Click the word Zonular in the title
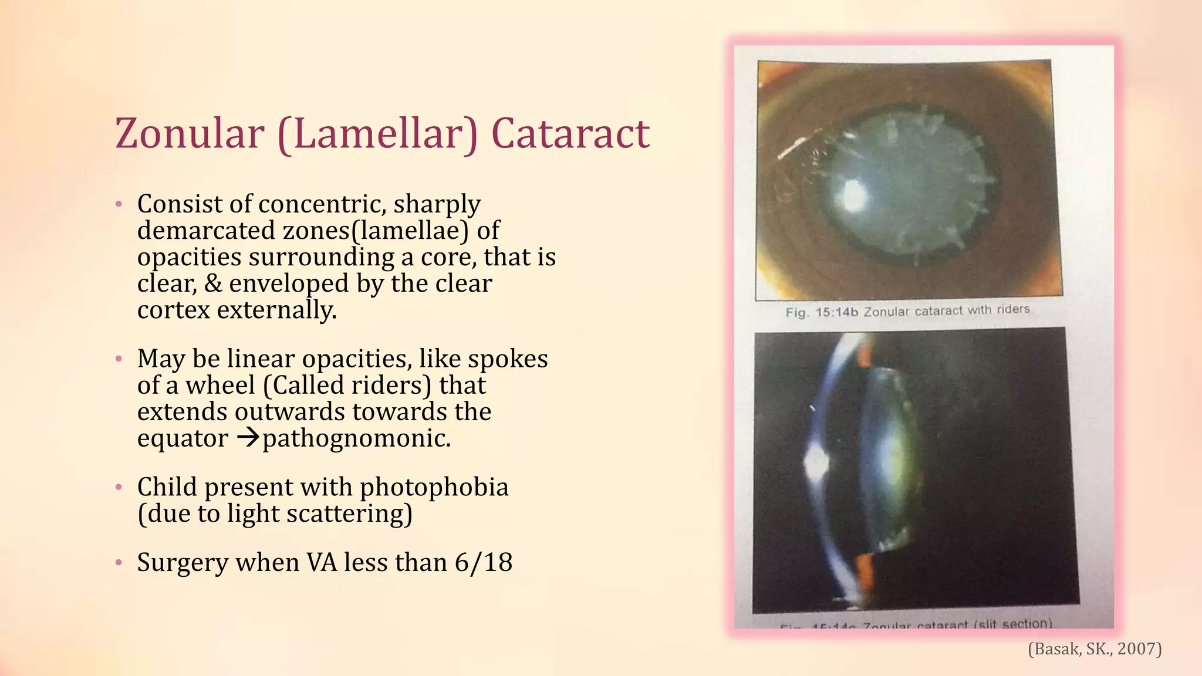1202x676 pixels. [190, 134]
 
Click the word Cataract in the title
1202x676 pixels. [570, 134]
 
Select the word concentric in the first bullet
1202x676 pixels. [322, 204]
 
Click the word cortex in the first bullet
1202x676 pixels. [173, 310]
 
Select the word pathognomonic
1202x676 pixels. [357, 438]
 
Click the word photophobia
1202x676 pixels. [434, 487]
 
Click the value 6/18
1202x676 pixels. [483, 562]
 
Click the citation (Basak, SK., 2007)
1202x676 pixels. [1095, 648]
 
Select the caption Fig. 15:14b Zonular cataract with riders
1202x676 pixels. [908, 311]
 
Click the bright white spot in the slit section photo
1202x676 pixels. [816, 464]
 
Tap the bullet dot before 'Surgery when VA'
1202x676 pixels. [119, 563]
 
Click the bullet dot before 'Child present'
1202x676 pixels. [119, 487]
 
